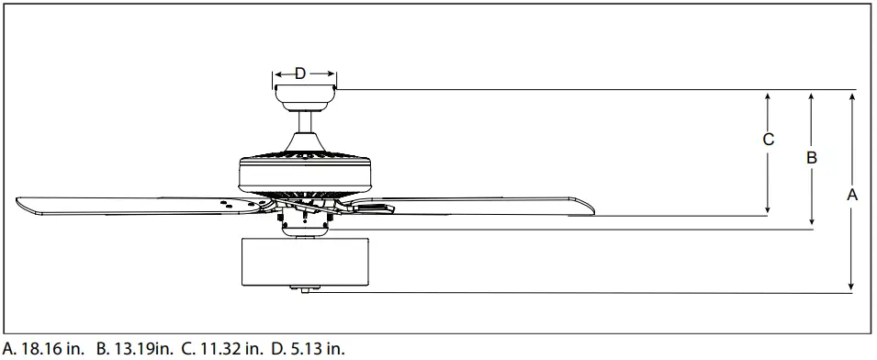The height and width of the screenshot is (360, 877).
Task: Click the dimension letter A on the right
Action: (852, 195)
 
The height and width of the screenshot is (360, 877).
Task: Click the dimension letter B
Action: (812, 158)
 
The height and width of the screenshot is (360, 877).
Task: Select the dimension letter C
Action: (769, 140)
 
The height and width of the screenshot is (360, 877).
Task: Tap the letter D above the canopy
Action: (300, 73)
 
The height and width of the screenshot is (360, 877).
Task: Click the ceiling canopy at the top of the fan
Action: (305, 98)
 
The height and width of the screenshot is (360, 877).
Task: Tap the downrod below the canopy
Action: (305, 122)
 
